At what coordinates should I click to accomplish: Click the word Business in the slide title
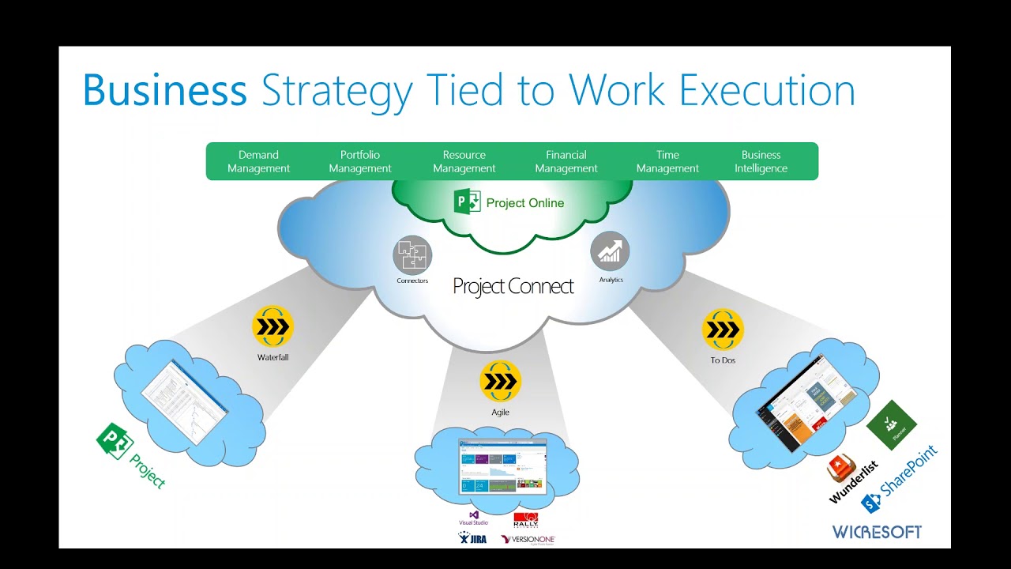tap(164, 90)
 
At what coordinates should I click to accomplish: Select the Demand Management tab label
tap(258, 161)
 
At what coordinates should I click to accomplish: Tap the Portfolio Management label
tap(360, 161)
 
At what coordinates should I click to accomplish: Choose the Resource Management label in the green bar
tap(464, 161)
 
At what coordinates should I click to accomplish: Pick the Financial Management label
tap(566, 161)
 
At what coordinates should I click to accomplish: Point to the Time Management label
tap(667, 161)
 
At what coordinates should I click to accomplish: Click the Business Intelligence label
tap(761, 161)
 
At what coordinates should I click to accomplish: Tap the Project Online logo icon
tap(468, 202)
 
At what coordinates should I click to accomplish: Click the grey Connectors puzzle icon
tap(412, 255)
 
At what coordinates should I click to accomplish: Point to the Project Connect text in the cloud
tap(513, 286)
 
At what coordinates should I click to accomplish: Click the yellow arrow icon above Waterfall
tap(272, 326)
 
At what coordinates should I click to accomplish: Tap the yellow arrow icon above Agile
tap(500, 381)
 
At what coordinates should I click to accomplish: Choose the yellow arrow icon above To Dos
tap(723, 330)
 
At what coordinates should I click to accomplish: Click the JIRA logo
tap(472, 539)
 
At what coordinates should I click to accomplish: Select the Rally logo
tap(526, 521)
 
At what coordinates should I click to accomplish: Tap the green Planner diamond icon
tap(892, 425)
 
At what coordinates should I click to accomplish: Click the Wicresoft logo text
tap(877, 532)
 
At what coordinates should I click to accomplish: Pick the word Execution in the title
tap(766, 90)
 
